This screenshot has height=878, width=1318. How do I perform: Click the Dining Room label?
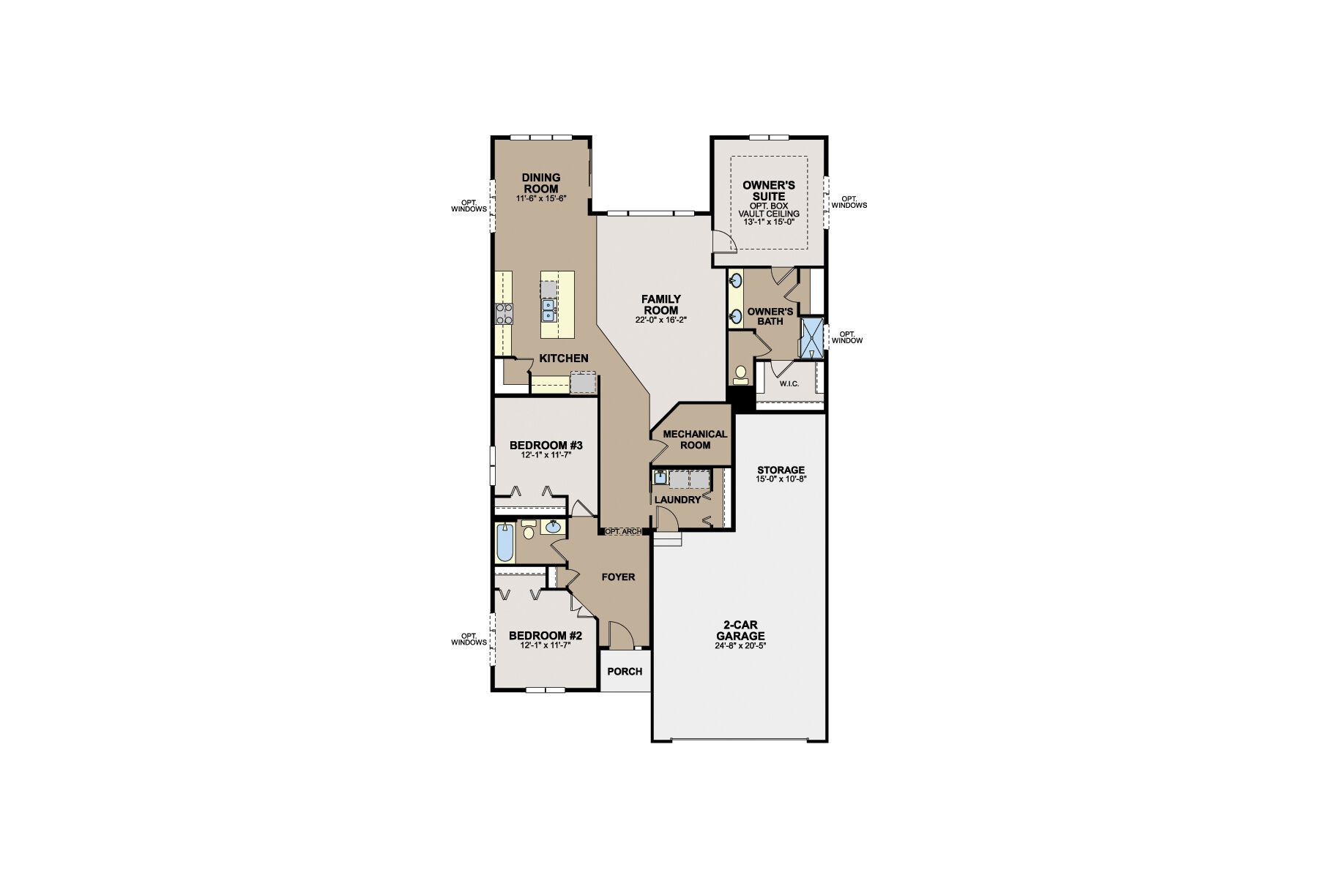[541, 183]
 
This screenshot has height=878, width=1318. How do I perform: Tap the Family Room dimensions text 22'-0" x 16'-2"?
[661, 320]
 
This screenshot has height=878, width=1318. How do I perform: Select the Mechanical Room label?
[695, 439]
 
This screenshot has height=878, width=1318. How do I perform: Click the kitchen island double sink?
[548, 311]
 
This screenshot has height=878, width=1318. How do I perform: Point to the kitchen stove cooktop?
[505, 314]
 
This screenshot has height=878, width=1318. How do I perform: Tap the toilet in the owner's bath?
[740, 375]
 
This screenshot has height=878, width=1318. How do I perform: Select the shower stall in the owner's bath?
[811, 337]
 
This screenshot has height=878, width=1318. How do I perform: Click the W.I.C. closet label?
[789, 384]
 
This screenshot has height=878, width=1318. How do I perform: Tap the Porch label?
[625, 671]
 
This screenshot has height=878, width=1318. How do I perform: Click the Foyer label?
[618, 577]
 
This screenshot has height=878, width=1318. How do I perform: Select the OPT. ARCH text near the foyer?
[623, 531]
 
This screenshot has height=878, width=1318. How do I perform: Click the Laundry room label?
[677, 500]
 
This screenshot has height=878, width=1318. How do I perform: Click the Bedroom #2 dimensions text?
[546, 645]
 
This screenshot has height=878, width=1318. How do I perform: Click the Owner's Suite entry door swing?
[723, 241]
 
